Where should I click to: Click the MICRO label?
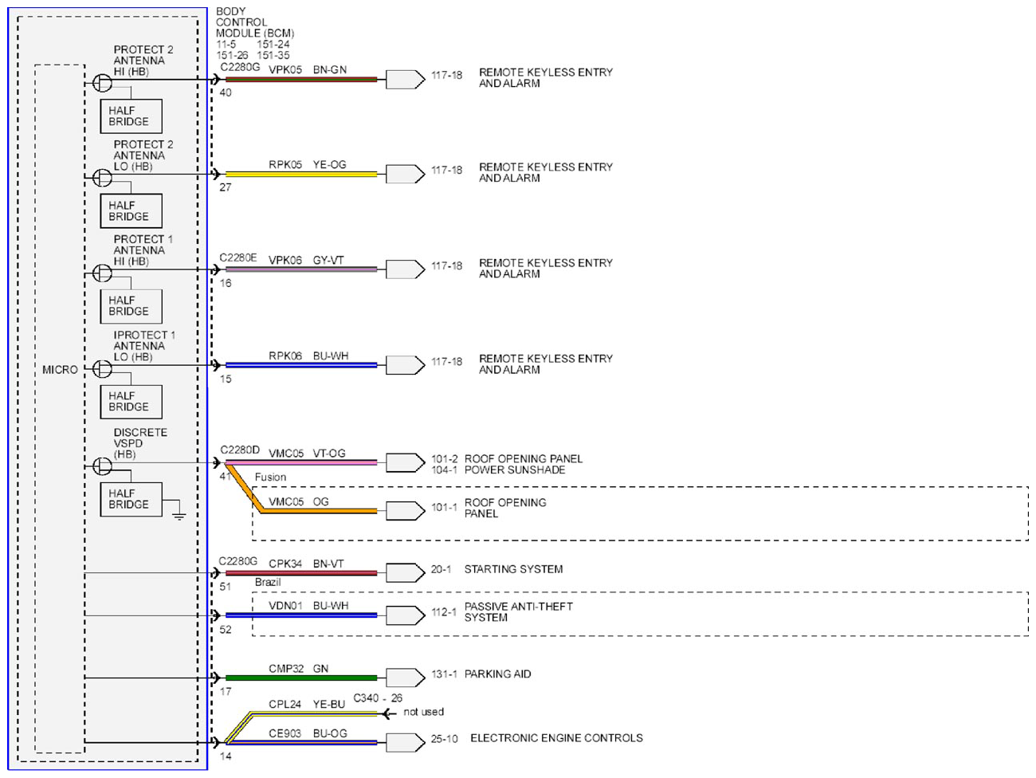pos(60,370)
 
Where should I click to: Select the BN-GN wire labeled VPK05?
pos(301,79)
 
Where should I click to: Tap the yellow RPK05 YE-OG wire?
pos(301,175)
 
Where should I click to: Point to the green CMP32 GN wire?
pos(301,678)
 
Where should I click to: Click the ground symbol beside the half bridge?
pos(179,516)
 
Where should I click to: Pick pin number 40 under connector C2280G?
pos(226,92)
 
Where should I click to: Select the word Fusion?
pos(270,477)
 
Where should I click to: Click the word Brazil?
pos(268,582)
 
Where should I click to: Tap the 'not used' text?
pos(423,711)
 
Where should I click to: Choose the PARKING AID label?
pos(497,674)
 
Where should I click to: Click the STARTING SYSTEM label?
pos(513,569)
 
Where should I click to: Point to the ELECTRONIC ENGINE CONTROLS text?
pos(556,738)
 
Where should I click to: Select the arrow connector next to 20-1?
pos(406,572)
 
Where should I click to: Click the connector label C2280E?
pos(238,257)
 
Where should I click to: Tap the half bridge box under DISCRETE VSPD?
pos(131,499)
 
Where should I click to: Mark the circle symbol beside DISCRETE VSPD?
pos(103,466)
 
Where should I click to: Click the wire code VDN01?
pos(285,605)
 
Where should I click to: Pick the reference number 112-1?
pos(444,612)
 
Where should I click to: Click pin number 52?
pos(226,629)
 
